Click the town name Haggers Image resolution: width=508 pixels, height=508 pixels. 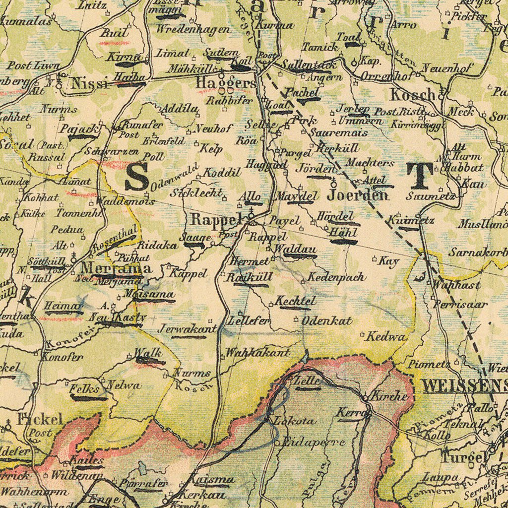click(x=225, y=82)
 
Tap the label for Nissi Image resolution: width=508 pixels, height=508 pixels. click(x=89, y=83)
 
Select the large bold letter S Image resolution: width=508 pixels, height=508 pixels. click(x=136, y=177)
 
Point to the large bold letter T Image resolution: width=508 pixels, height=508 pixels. click(x=420, y=176)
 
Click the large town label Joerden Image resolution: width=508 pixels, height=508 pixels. click(x=357, y=195)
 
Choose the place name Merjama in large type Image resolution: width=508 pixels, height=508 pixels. click(x=116, y=268)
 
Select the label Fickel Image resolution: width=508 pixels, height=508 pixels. click(x=40, y=419)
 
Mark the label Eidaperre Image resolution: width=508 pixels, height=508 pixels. click(x=313, y=442)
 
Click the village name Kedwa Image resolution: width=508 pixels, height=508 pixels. click(x=386, y=336)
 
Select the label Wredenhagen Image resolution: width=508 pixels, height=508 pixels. click(x=193, y=29)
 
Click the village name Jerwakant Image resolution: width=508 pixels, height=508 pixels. click(x=187, y=328)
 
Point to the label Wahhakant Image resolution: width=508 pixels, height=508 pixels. click(x=257, y=353)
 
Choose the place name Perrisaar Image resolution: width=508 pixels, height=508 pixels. click(x=460, y=304)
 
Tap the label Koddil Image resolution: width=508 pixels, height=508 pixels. click(x=220, y=172)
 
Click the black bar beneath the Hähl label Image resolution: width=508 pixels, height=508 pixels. click(x=343, y=242)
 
